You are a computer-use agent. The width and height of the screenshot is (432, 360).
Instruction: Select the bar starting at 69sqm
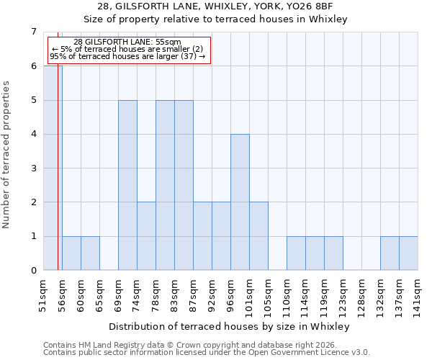[x=127, y=185]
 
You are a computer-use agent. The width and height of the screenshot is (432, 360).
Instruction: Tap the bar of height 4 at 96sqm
[x=240, y=202]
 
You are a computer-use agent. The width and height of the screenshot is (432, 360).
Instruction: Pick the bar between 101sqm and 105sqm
[x=258, y=236]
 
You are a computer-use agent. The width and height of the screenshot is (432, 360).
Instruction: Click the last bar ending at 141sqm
[x=408, y=253]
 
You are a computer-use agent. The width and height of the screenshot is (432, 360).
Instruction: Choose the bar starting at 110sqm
[x=296, y=253]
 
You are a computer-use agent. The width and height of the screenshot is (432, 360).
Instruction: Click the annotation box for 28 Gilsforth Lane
[x=127, y=50]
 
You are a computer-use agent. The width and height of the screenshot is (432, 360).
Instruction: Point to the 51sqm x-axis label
[x=43, y=292]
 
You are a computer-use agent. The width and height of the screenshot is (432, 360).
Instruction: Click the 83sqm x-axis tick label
[x=174, y=292]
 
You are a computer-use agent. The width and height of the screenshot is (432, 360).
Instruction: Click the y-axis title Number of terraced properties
[x=7, y=155]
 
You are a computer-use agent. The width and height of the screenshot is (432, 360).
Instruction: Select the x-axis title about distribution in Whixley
[x=230, y=326]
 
